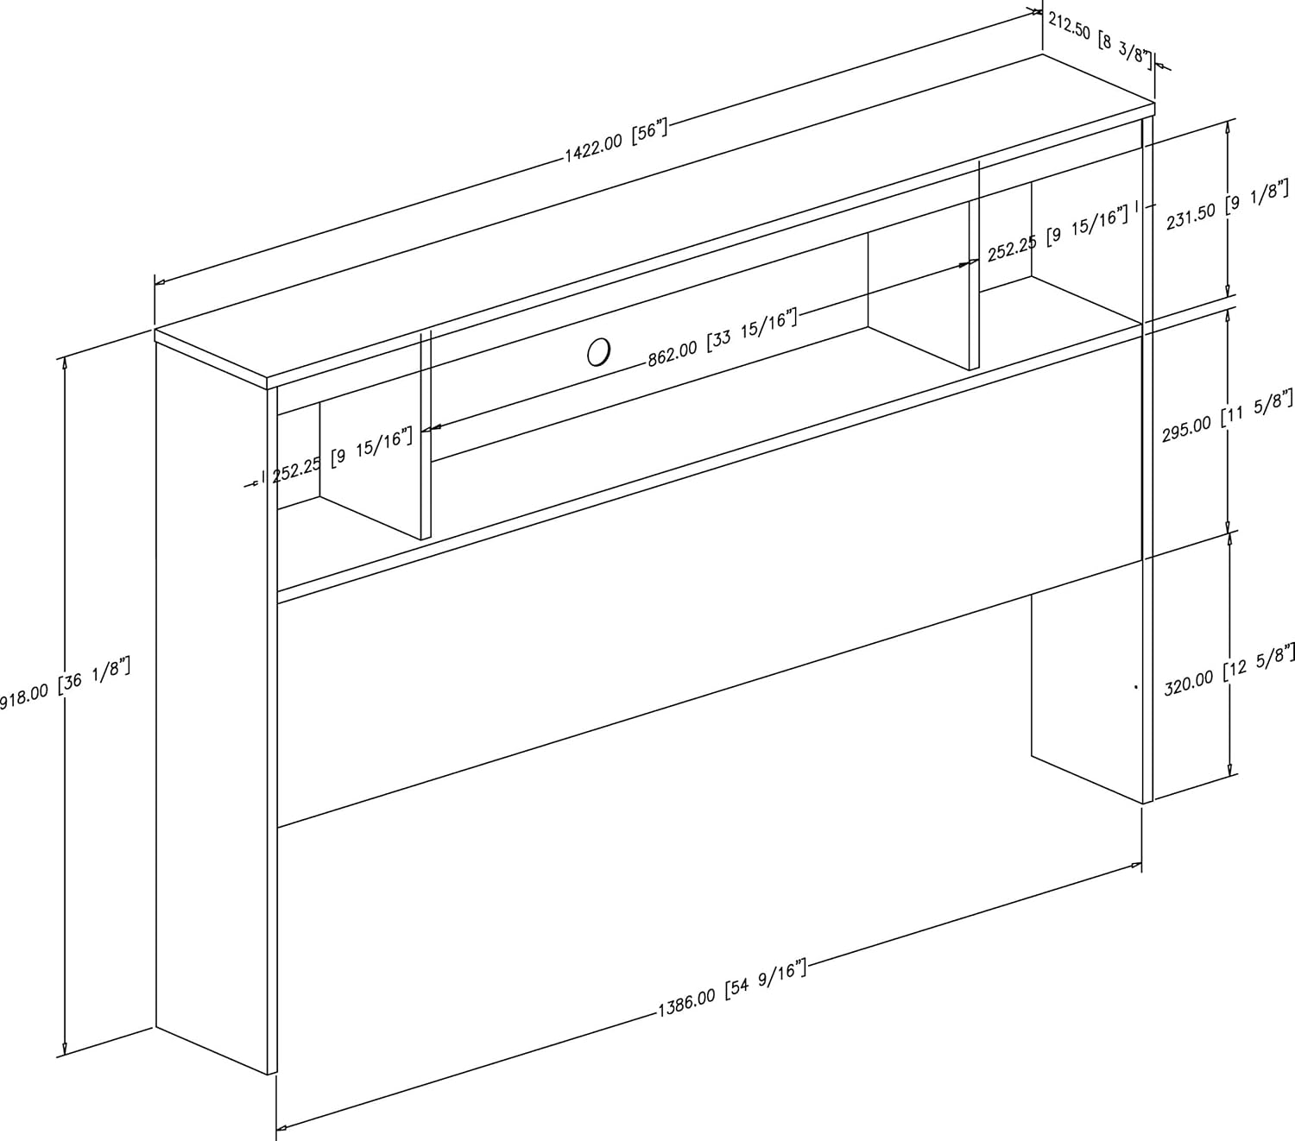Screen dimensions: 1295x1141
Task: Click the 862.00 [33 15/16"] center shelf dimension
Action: point(723,337)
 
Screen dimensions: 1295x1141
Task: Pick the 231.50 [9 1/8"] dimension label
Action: point(1228,205)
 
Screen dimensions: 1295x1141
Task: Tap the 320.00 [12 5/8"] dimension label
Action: point(1229,670)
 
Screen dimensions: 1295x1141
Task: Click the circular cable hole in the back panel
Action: point(598,351)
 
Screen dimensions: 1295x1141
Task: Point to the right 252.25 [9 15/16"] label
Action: point(1058,235)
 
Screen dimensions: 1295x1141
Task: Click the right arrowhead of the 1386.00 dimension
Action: point(1136,867)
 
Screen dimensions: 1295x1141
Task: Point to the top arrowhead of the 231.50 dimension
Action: point(1227,127)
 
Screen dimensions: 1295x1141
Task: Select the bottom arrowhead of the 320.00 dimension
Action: point(1229,770)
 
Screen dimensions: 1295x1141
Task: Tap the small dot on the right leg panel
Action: point(1136,687)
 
